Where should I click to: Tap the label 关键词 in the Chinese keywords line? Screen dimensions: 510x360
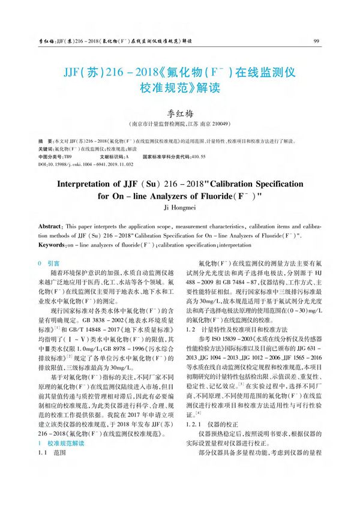click(45, 148)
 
